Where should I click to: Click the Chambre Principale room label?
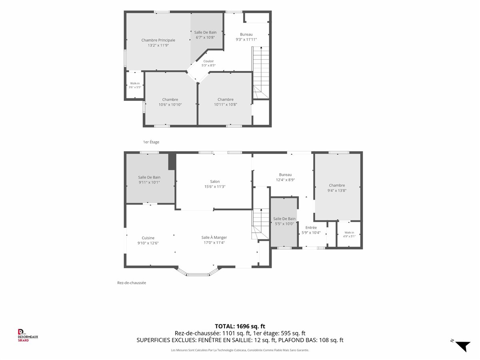pyautogui.click(x=158, y=40)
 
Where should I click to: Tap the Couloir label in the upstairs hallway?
pyautogui.click(x=208, y=61)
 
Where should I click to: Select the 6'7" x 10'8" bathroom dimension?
pyautogui.click(x=205, y=37)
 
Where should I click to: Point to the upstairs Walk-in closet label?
pyautogui.click(x=135, y=83)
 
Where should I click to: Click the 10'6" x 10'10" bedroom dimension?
pyautogui.click(x=170, y=104)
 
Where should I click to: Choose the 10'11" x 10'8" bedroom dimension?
pyautogui.click(x=226, y=104)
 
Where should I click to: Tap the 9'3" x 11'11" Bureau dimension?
pyautogui.click(x=246, y=40)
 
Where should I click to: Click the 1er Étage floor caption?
pyautogui.click(x=151, y=142)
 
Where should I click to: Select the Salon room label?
pyautogui.click(x=215, y=182)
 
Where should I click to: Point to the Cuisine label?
pyautogui.click(x=148, y=238)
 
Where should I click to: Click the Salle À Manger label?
pyautogui.click(x=214, y=237)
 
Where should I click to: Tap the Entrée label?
pyautogui.click(x=311, y=228)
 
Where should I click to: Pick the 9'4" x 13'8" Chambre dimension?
pyautogui.click(x=337, y=191)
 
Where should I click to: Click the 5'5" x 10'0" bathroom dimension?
pyautogui.click(x=284, y=224)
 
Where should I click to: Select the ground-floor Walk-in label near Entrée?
pyautogui.click(x=349, y=232)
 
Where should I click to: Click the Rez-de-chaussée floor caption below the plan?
pyautogui.click(x=132, y=283)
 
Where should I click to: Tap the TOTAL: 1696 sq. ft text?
pyautogui.click(x=240, y=326)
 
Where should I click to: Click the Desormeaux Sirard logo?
pyautogui.click(x=28, y=335)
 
